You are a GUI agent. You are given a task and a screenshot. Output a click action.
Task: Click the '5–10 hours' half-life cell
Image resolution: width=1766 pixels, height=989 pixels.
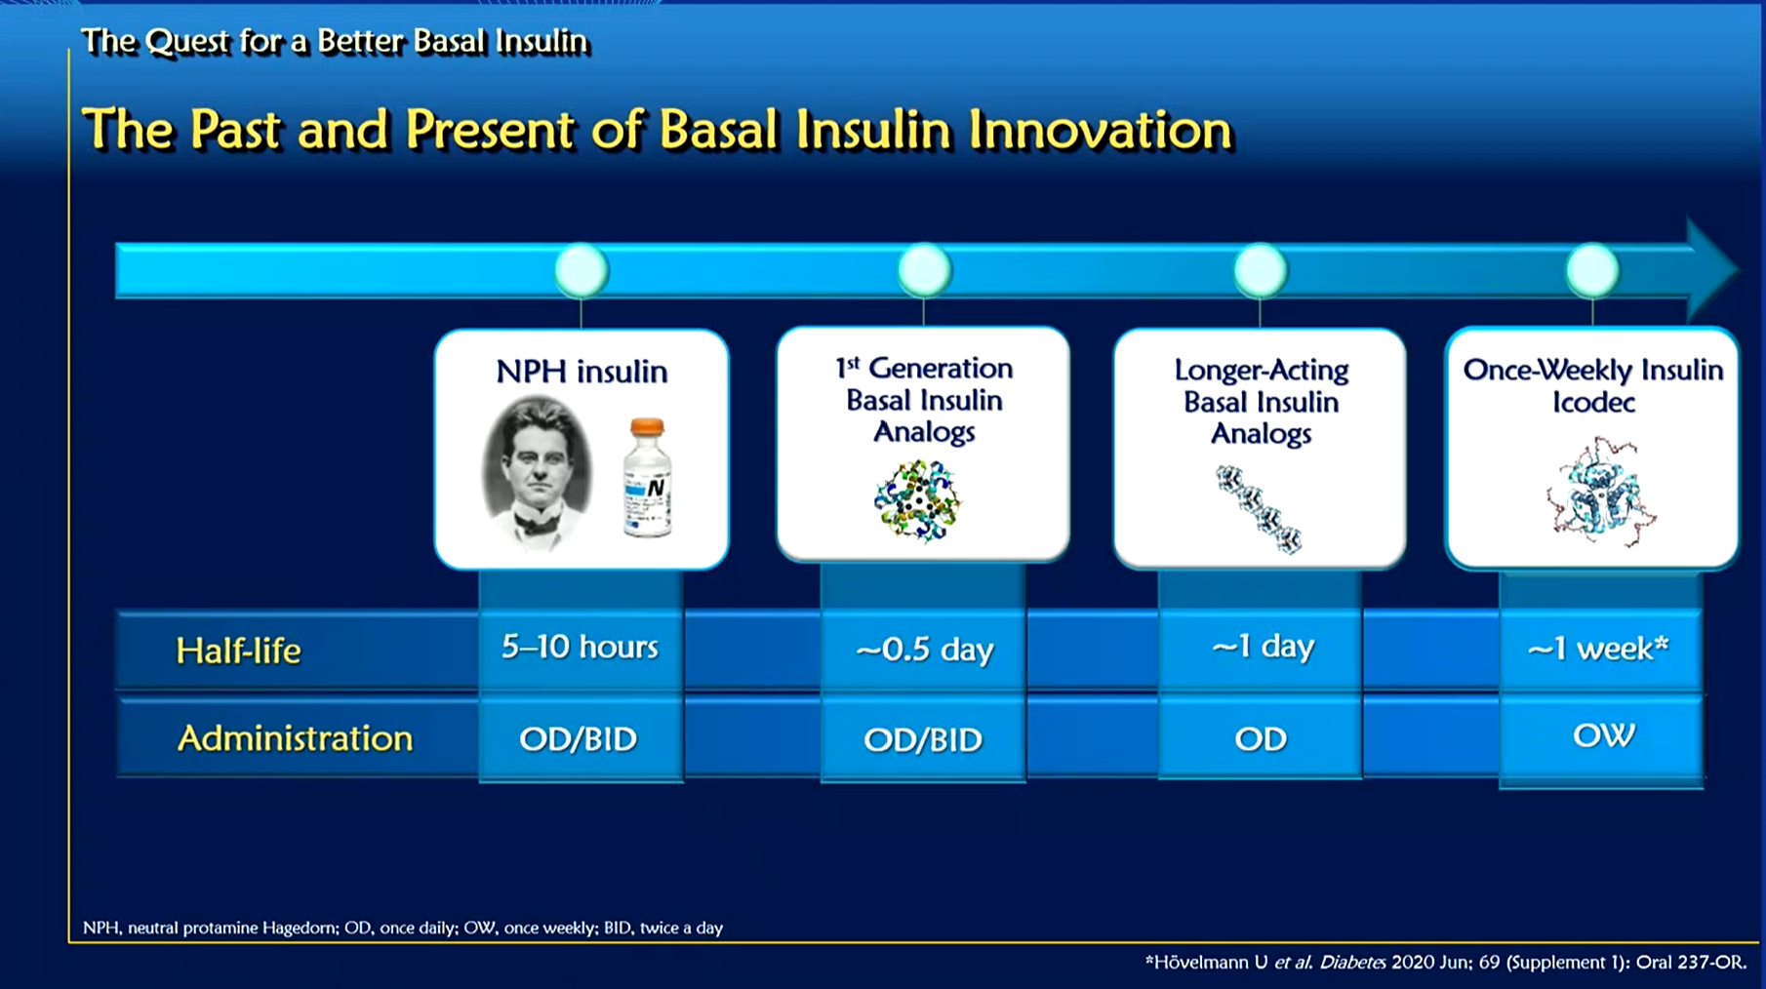[x=580, y=647]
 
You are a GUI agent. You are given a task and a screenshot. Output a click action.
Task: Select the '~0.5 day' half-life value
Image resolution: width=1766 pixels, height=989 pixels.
[x=923, y=649]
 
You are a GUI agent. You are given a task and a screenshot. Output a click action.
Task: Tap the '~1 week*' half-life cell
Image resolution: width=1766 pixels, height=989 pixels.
[x=1598, y=648]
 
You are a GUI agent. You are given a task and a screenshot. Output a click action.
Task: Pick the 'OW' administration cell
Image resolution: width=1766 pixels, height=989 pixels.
[x=1602, y=735]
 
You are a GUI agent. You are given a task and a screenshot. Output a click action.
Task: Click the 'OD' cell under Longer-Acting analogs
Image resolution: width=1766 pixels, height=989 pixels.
[x=1260, y=739]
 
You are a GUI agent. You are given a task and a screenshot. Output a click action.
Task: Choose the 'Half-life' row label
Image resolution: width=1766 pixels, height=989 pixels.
[x=238, y=651]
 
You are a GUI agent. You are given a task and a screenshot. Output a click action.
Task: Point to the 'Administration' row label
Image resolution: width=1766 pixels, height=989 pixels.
[x=295, y=738]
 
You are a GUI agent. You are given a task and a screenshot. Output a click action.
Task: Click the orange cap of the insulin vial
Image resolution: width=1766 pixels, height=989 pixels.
[x=647, y=427]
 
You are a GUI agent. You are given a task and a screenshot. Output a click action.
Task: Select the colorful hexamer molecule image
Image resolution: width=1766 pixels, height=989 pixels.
[x=917, y=500]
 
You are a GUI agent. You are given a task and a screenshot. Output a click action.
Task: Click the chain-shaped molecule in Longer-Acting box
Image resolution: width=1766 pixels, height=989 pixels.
[x=1260, y=508]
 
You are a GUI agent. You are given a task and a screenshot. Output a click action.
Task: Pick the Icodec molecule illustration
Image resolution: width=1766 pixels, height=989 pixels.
[x=1598, y=494]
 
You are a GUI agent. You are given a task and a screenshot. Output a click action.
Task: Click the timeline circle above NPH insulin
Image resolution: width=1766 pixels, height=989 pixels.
[x=582, y=270]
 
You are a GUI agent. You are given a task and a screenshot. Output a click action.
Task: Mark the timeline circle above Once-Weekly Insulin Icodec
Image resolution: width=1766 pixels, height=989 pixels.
[x=1592, y=270]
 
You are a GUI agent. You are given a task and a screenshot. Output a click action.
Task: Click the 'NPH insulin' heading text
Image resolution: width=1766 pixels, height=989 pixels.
[x=582, y=372]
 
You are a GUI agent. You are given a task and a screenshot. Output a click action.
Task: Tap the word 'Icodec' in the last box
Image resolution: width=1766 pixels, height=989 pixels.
[x=1593, y=402]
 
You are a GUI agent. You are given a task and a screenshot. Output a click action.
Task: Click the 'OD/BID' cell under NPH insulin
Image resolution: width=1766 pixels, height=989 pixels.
[x=578, y=739]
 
